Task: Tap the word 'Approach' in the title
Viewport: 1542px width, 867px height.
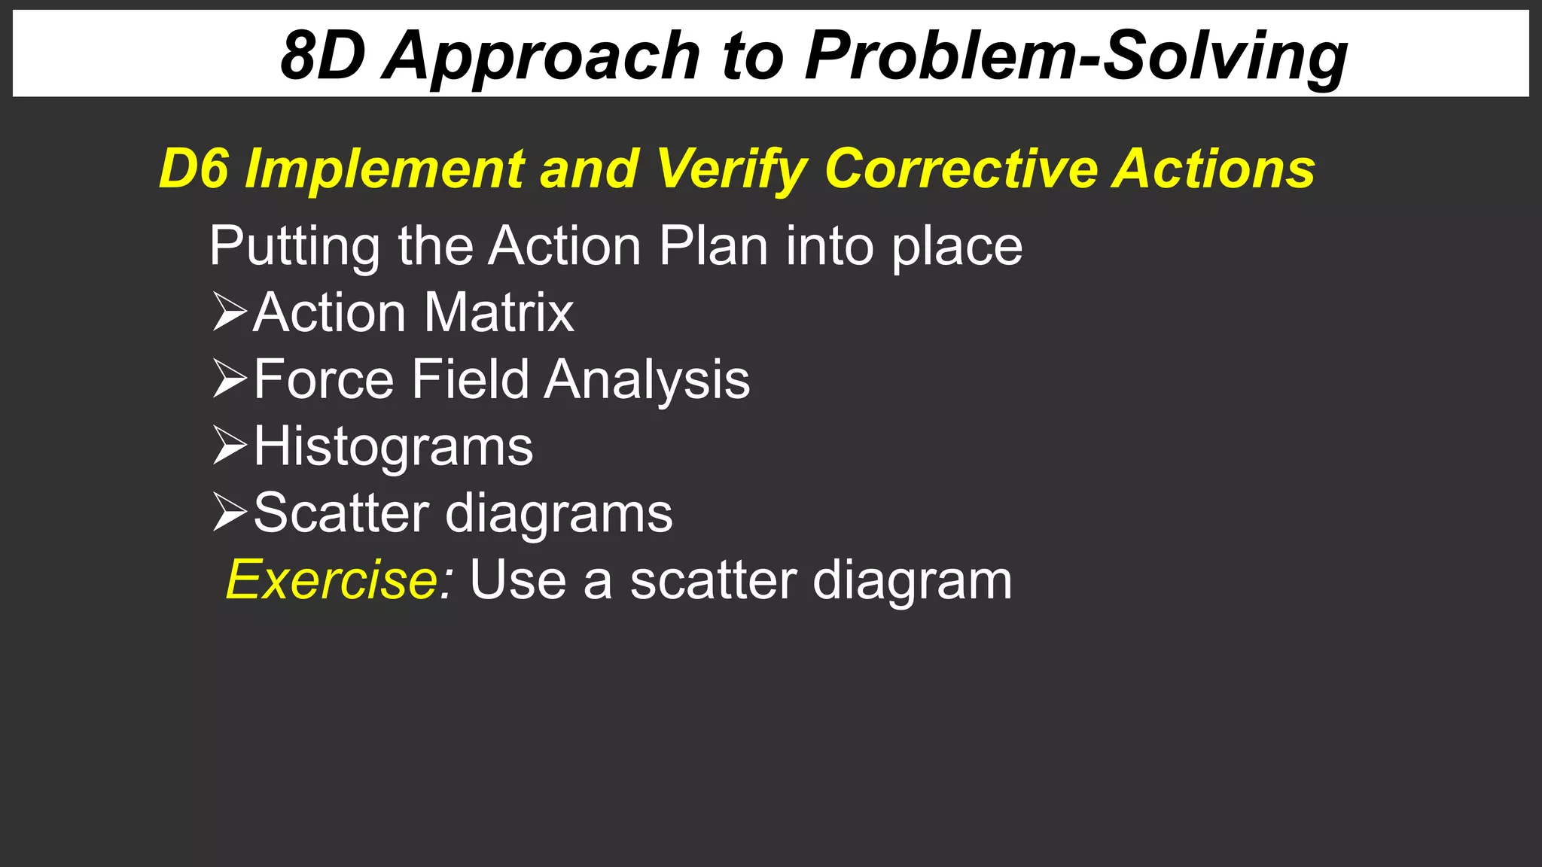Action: point(542,57)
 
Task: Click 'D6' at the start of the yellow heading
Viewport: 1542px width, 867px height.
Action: point(194,169)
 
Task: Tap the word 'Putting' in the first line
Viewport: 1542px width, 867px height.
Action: point(294,247)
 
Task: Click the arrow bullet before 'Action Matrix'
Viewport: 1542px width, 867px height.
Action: point(230,312)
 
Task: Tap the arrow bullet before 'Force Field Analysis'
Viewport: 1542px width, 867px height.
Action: point(230,379)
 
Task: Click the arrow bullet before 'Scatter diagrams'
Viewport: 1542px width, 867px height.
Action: point(230,513)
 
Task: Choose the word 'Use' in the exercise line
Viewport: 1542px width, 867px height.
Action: point(518,580)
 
